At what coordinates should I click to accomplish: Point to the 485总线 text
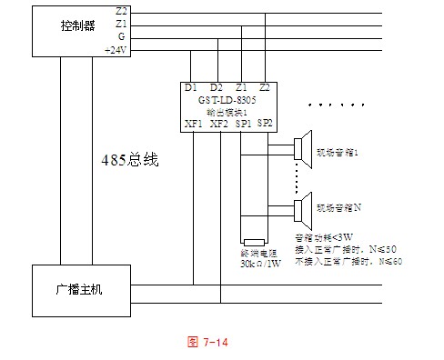(x=129, y=160)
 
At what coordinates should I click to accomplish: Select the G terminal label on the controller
(x=122, y=36)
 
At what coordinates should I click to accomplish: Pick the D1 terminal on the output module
(x=190, y=88)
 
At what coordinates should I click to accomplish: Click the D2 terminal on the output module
(x=216, y=88)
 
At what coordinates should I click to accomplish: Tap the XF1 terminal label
(x=194, y=124)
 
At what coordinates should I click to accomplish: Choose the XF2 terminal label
(x=218, y=124)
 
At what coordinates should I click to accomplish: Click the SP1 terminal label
(x=243, y=124)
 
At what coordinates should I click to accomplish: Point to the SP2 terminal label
(x=265, y=122)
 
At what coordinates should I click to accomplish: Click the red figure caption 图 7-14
(x=207, y=342)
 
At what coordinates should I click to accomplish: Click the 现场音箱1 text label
(x=339, y=153)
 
